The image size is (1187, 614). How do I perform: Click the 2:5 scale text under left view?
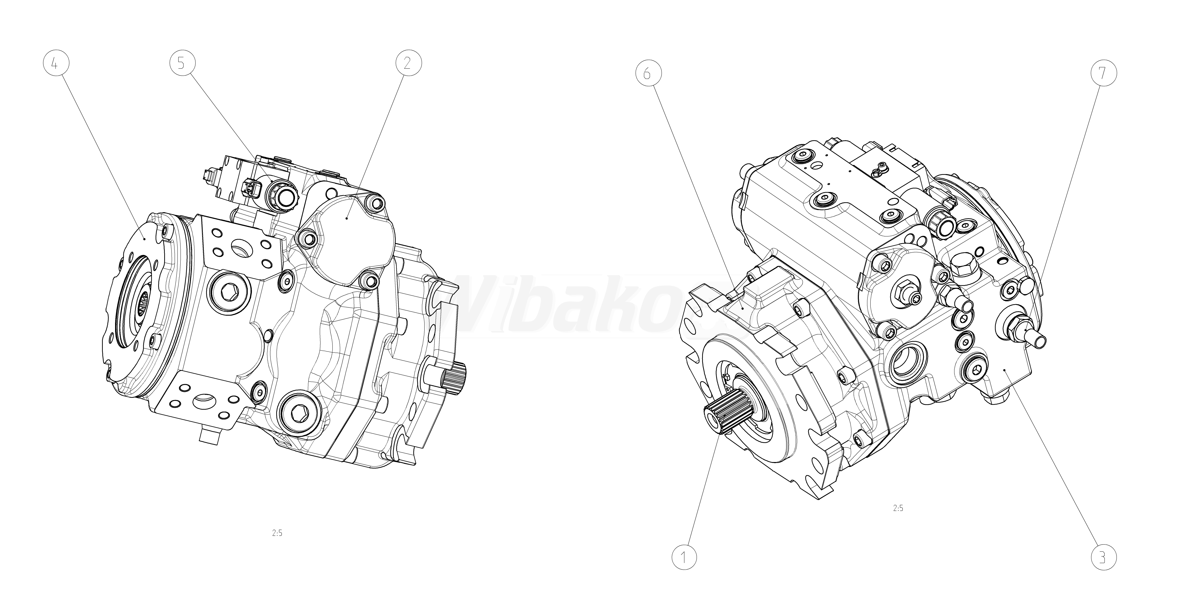tap(277, 533)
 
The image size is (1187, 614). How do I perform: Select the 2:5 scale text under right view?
tap(898, 508)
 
